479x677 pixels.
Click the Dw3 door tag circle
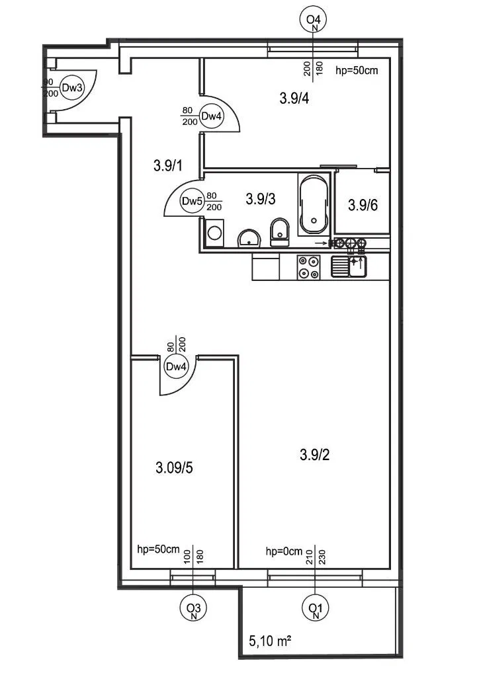[71, 88]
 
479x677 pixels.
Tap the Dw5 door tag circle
[191, 201]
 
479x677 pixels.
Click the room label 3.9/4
[294, 99]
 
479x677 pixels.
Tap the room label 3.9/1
[168, 165]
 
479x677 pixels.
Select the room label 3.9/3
[261, 199]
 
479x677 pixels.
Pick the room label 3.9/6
[363, 205]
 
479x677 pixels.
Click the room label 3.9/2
[314, 455]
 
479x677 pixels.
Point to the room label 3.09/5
[174, 467]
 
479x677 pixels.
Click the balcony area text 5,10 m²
[270, 641]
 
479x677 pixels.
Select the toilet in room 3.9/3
[280, 232]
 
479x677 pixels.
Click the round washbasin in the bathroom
[249, 238]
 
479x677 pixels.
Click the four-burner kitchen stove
[308, 267]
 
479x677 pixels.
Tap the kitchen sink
[349, 266]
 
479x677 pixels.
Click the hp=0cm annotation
[284, 551]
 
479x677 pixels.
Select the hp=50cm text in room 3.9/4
[357, 70]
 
